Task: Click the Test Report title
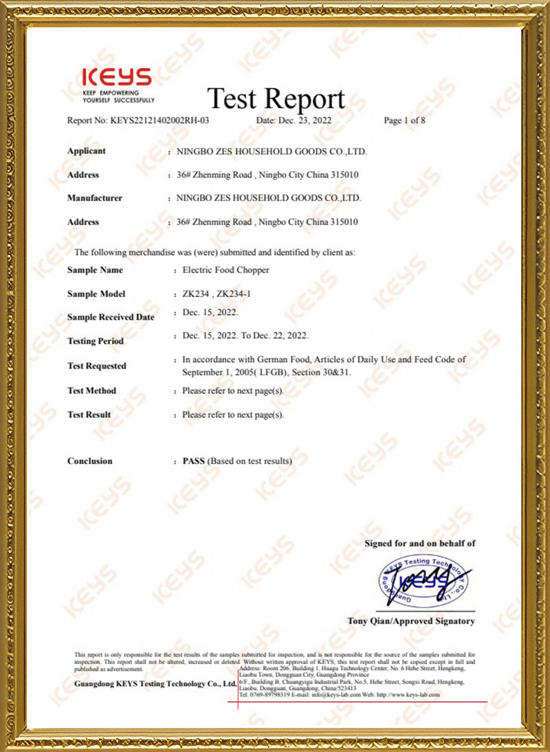(276, 99)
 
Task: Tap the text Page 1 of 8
(405, 120)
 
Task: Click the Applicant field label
(87, 151)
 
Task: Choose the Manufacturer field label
(95, 198)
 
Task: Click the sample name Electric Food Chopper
(225, 270)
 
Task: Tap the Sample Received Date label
(111, 317)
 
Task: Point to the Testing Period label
(96, 341)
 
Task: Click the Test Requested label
(97, 366)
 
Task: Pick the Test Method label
(91, 390)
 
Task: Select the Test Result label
(89, 414)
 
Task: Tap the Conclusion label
(90, 461)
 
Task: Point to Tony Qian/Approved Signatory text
(411, 621)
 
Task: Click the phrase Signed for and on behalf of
(419, 543)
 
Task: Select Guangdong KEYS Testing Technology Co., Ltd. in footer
(155, 685)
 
